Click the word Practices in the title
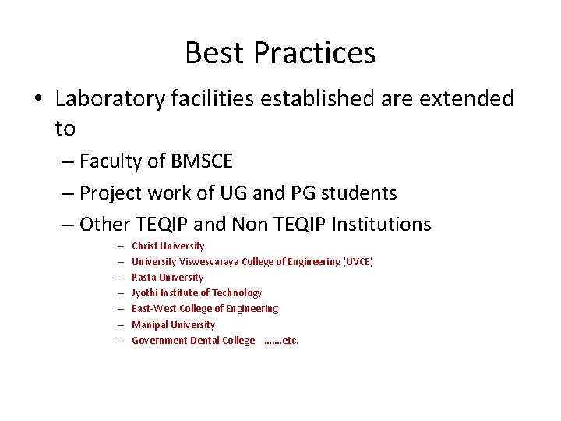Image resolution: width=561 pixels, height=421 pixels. point(315,53)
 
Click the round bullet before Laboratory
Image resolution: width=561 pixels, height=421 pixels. point(39,100)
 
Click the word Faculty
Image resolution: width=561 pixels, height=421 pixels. point(111,161)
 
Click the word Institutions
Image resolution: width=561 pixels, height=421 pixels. point(381,225)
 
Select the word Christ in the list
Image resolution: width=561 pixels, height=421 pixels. point(146,246)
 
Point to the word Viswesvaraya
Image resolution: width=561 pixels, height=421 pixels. point(209,262)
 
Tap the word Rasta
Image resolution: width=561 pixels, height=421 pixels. point(144,278)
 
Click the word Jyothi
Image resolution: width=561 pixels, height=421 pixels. point(146,293)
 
